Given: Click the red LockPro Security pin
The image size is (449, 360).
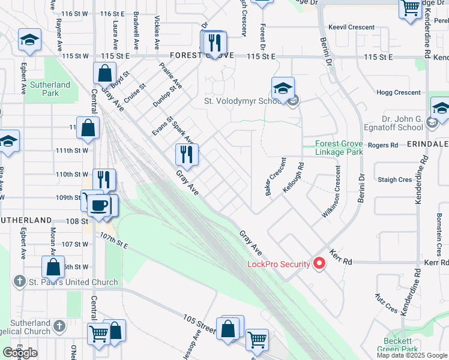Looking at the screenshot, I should click(319, 263).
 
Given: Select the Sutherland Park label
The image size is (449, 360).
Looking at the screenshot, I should click(50, 89).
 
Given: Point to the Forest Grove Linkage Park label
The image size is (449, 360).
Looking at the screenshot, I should click(340, 148).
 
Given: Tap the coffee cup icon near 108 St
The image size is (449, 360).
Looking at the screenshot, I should click(99, 205).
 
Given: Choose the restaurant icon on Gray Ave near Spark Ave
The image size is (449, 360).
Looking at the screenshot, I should click(187, 154).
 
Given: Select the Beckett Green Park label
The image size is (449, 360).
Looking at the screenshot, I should click(401, 345).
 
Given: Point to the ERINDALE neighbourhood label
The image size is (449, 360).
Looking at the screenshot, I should click(428, 145).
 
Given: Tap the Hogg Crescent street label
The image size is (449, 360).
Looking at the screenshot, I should click(399, 92).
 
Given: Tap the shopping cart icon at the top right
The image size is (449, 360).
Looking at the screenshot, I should click(411, 8).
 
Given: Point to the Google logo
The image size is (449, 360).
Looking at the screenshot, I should click(20, 353).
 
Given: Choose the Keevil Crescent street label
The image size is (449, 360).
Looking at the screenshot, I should click(352, 27).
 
